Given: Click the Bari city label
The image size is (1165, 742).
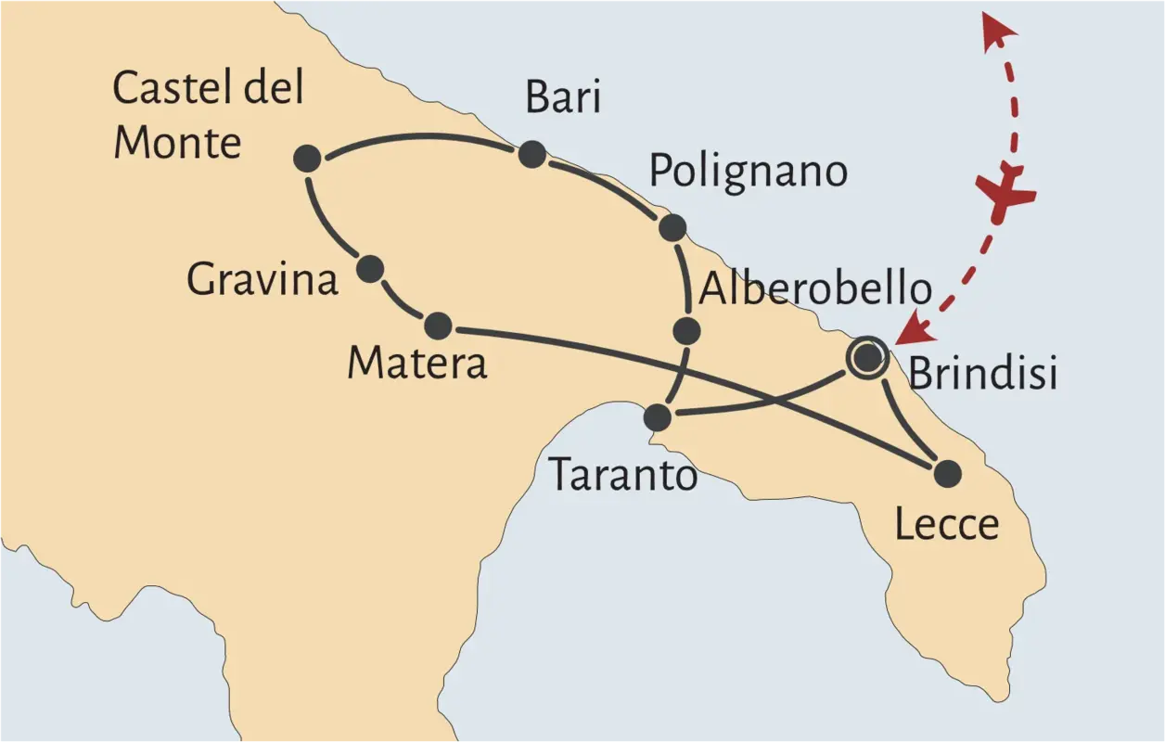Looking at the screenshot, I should coord(562,96).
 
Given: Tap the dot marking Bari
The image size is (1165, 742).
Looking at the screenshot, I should coord(531,154).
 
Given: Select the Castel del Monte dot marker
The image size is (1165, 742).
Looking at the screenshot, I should coord(307,159).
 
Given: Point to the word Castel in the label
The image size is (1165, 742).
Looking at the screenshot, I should coord(163,89).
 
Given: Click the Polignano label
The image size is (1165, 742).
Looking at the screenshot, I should coord(748,172).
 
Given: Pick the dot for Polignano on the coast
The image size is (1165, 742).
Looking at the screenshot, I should coord(672,227).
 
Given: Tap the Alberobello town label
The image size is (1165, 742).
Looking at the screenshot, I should coord(815,289).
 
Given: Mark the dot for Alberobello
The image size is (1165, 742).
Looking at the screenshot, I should coord(686,329).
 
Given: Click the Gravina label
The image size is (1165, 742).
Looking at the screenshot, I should coord(262,280).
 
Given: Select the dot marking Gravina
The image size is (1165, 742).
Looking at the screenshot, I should coord(370,269).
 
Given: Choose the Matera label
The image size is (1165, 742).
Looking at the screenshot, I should coord(416,364).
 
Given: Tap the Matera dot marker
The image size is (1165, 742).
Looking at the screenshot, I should coord(438,326).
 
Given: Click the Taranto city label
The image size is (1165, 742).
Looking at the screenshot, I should coord(622,476).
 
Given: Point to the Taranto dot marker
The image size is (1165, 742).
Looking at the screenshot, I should coord(657,417).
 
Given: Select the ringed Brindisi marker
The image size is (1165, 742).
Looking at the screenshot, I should coord(867,357).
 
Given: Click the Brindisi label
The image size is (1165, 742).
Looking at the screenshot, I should coord(982,374).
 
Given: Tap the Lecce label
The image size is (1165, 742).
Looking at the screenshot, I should coord(946,525).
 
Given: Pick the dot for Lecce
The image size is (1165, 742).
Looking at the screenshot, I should coord(947,474).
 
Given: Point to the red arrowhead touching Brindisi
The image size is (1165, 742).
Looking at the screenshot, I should coord(916,326).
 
